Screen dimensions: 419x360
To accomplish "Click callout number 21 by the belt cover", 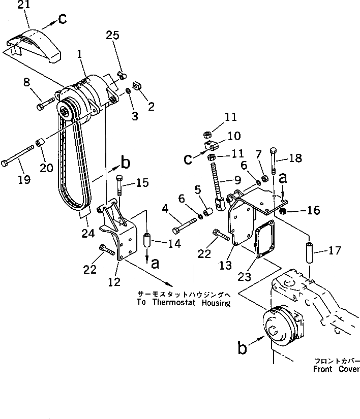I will point(23,6).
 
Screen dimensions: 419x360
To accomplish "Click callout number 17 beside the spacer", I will point(335,250).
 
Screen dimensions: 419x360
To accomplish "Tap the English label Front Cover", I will point(337,370).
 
